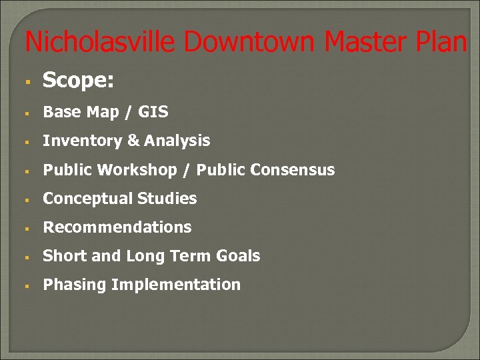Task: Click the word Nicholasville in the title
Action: point(101,42)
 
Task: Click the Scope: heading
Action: point(78,81)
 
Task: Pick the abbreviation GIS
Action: point(153,112)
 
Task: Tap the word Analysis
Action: point(177,141)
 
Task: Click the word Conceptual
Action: point(87,199)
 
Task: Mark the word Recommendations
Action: point(117,227)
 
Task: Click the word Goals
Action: point(238,256)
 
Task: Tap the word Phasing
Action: point(75,285)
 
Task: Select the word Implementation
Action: point(175,285)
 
